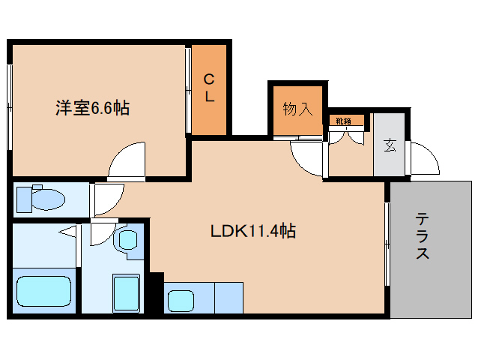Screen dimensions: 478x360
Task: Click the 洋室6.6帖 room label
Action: click(x=92, y=108)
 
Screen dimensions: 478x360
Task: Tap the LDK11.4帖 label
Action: click(x=252, y=231)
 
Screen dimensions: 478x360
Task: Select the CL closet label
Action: click(x=209, y=88)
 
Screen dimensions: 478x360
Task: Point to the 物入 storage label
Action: click(x=298, y=109)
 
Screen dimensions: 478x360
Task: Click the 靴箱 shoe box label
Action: click(x=344, y=121)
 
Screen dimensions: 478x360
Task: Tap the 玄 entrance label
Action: click(x=390, y=145)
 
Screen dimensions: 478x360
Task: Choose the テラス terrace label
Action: click(x=423, y=236)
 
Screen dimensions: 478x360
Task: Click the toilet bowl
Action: click(x=41, y=199)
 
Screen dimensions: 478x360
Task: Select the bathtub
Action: click(x=44, y=291)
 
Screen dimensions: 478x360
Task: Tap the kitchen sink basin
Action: click(x=181, y=301)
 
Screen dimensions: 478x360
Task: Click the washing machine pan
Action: click(x=127, y=293)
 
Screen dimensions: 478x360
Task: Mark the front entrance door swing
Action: click(x=424, y=157)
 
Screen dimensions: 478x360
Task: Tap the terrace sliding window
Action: click(x=387, y=244)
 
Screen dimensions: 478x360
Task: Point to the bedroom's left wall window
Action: click(x=10, y=107)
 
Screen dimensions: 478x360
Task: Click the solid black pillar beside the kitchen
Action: click(x=156, y=292)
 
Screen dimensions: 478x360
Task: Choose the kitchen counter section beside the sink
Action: click(x=229, y=298)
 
